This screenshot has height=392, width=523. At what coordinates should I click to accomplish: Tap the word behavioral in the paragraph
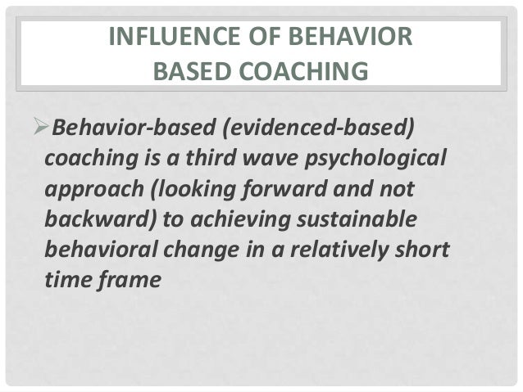coord(97,250)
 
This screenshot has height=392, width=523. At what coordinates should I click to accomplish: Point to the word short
coord(422,250)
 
